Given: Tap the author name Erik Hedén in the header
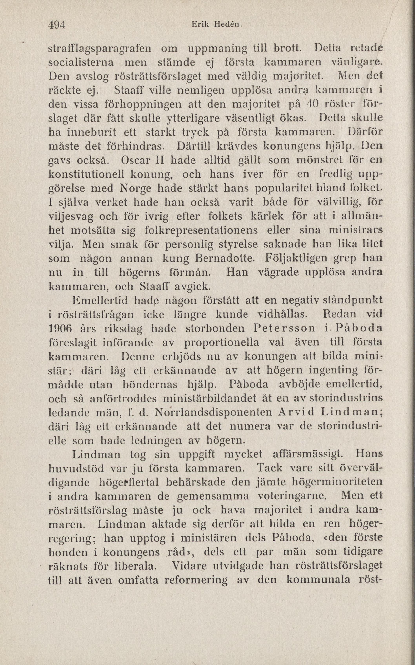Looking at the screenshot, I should (217, 25).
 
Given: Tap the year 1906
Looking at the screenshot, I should (60, 329).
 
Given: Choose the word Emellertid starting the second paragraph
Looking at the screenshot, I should (100, 301).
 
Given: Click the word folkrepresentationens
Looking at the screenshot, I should (201, 230).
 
